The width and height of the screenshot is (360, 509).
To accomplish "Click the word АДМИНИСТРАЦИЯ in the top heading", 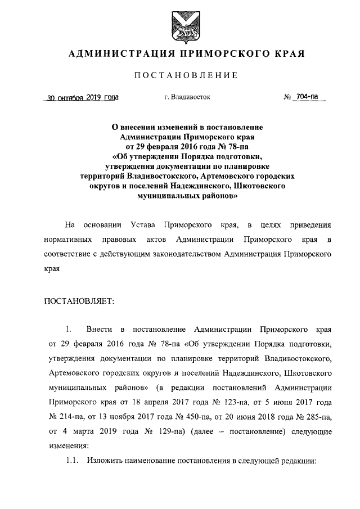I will tap(116, 54).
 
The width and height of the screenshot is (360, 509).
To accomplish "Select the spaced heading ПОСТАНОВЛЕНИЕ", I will tap(179, 75).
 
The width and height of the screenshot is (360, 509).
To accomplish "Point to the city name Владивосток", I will tap(191, 97).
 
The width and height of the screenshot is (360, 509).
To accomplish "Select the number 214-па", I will tap(63, 417).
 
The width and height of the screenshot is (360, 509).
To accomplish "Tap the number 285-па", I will tap(317, 417).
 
